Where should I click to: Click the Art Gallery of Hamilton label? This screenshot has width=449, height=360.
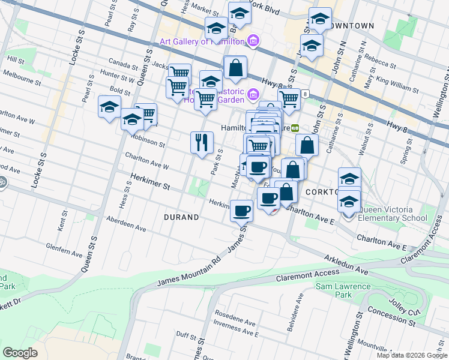click(203, 41)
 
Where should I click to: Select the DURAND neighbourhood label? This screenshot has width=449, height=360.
click(181, 217)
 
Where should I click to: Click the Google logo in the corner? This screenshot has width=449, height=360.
click(20, 353)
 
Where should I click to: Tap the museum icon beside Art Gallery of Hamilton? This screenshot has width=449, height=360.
click(253, 41)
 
